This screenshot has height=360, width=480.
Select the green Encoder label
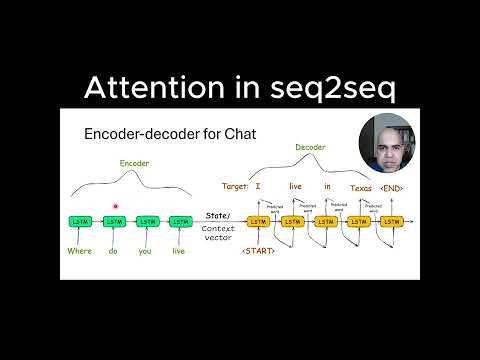[x=135, y=163]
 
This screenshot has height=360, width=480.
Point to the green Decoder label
[x=311, y=147]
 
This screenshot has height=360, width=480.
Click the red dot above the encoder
[x=116, y=205]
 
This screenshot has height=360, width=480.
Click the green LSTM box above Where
[x=80, y=221]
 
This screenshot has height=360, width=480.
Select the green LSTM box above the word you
[x=147, y=221]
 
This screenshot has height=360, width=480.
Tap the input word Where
[x=80, y=251]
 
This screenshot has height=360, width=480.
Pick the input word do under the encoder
[x=113, y=251]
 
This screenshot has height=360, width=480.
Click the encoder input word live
[x=178, y=251]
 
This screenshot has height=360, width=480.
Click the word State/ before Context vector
[x=217, y=215]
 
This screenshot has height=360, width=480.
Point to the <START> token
[x=257, y=250]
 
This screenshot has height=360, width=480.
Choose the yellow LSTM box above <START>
[x=258, y=221]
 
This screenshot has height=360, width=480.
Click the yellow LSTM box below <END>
[x=392, y=221]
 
